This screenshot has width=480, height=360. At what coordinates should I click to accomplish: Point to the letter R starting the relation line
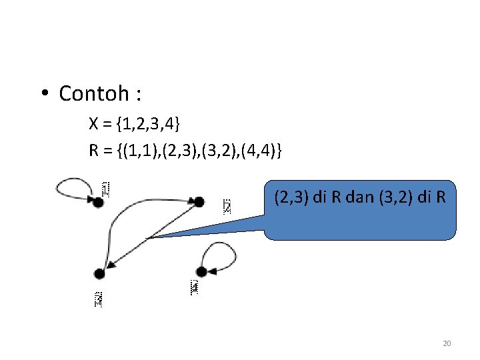(94, 152)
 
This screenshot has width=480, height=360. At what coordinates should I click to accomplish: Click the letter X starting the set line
(94, 124)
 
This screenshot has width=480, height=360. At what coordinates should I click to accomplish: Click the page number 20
(447, 343)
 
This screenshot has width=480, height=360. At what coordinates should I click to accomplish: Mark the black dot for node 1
(98, 203)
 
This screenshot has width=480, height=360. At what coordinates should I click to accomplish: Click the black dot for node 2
(198, 201)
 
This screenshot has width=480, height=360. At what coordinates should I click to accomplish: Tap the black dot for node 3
(99, 273)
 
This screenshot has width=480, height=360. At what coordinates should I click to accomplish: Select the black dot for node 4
(201, 271)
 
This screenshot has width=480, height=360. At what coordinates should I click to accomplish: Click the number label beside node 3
(98, 299)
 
